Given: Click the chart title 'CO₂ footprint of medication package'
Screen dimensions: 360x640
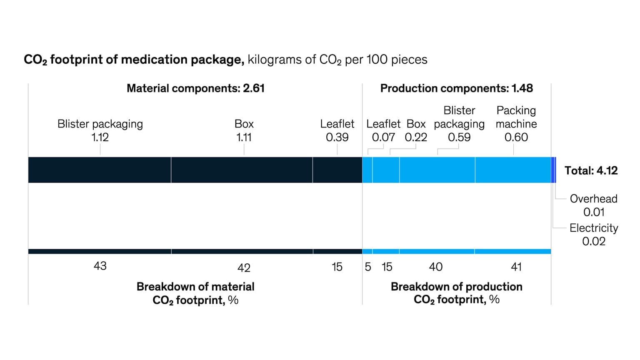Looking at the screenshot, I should pos(134,60).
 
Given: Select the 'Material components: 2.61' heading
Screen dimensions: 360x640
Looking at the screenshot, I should pos(195,88).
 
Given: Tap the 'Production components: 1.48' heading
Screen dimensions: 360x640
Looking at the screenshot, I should pos(456,88).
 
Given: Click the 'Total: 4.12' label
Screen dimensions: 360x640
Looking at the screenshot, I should pos(590,170).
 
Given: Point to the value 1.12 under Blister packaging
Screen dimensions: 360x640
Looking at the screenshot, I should pos(100,137).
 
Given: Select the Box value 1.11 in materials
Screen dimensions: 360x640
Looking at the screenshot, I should pos(244,137).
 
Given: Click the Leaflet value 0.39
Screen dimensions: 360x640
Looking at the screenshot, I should pos(337,137).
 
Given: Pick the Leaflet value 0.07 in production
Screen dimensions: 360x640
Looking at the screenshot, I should pos(383,137).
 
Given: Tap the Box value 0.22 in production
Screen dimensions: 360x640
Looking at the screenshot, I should pos(416,137).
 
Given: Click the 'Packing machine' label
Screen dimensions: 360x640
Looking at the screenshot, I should pos(516,117).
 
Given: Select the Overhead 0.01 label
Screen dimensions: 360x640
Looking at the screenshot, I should pos(593,205).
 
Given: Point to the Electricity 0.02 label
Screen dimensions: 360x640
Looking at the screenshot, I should pos(593,235).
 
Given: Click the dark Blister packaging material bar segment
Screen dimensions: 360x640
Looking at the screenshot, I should pos(100,170).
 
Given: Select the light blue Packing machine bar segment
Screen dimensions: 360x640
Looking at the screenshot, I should pos(513,170).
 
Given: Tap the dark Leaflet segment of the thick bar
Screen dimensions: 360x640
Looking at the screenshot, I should pos(337,170).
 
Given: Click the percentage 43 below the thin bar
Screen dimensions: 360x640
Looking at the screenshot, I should pos(100,266).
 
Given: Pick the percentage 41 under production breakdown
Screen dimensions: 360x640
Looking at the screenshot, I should pos(516,267).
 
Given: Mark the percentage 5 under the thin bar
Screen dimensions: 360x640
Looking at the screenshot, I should pos(368,267).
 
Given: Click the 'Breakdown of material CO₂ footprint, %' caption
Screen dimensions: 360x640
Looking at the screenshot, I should pos(195,293).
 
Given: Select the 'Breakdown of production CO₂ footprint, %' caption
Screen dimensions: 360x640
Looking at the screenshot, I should pos(456,293).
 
